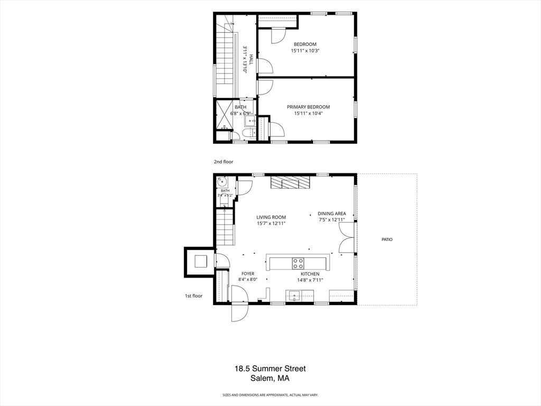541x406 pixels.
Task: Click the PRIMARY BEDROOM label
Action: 308,107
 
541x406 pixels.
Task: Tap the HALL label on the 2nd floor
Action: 251,59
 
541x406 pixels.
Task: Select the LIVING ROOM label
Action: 271,217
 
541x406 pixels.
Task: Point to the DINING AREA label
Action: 332,214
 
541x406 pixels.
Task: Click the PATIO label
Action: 387,239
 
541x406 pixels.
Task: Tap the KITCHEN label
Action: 310,274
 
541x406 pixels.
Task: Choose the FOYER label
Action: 248,274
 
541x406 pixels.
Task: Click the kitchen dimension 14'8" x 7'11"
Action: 310,280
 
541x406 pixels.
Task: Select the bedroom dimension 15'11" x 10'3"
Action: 305,50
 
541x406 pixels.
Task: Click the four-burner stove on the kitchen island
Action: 299,264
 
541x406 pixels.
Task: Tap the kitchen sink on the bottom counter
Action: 294,296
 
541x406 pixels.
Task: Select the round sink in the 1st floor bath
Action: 222,181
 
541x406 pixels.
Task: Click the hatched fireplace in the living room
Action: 290,182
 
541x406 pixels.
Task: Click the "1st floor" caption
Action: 193,296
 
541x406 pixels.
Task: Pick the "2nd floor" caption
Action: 223,162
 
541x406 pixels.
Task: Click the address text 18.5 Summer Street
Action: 270,368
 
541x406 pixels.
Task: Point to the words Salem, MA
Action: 270,379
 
